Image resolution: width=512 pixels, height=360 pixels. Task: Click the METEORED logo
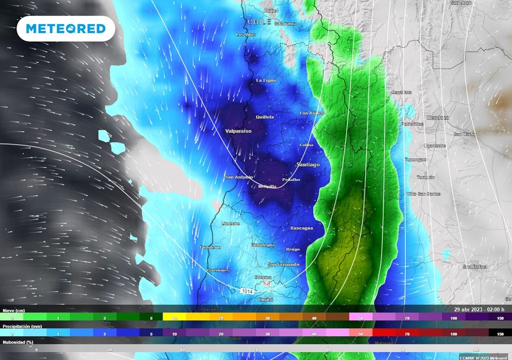tap(66, 28)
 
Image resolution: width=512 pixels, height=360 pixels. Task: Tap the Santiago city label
tap(307, 164)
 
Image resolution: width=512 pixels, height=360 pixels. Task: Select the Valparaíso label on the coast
tap(238, 130)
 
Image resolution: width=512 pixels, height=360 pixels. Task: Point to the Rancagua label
tap(301, 228)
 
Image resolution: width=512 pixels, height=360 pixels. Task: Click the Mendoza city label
tap(438, 118)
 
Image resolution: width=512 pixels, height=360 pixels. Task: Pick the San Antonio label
tap(239, 177)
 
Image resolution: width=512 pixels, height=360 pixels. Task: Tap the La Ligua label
tap(266, 80)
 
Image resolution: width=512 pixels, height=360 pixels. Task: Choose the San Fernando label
tap(283, 264)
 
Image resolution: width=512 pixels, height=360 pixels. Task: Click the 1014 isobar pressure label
tap(247, 291)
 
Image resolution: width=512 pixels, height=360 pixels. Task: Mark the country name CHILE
tap(258, 22)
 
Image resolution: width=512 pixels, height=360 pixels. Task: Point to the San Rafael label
tap(474, 267)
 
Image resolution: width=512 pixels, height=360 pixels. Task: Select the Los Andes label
tap(311, 113)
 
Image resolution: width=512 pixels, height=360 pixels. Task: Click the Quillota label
tap(264, 117)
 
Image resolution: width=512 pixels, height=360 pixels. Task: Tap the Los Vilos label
tap(246, 34)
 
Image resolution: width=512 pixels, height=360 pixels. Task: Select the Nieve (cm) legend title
tap(13, 310)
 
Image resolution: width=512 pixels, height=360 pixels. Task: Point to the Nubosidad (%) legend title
tap(17, 342)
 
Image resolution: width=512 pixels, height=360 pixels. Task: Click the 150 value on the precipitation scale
tap(500, 333)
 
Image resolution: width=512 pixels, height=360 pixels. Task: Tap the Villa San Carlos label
tap(423, 193)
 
